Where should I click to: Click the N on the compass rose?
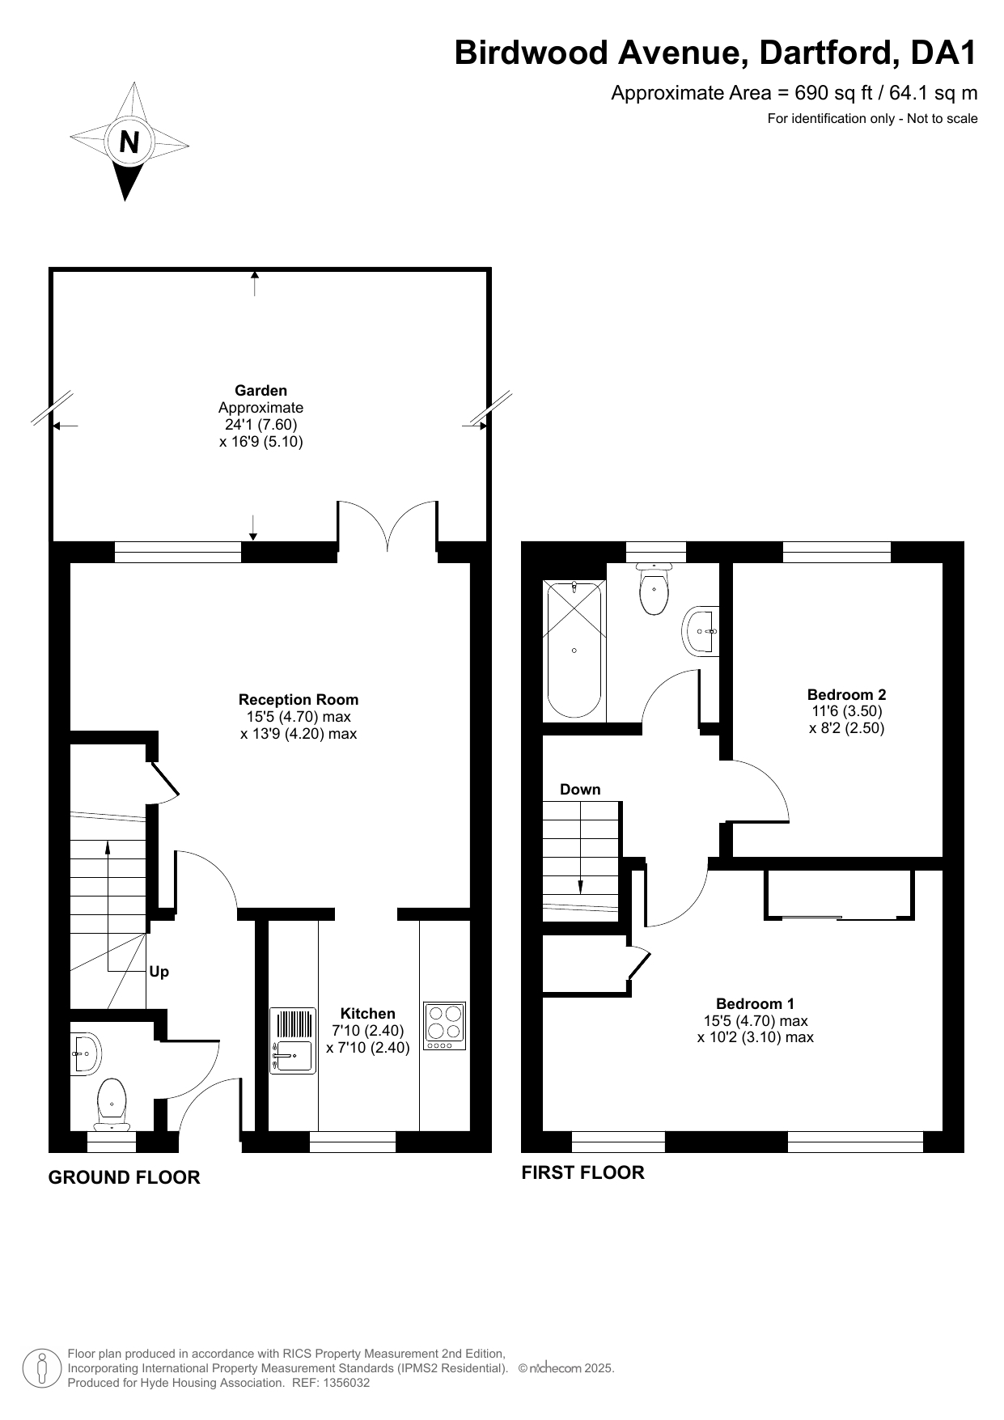pos(129,142)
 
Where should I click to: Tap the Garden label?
pos(261,391)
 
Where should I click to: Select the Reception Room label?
pos(299,700)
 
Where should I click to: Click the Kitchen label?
pos(368,1014)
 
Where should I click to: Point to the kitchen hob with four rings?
pos(444,1027)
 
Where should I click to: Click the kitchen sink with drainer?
pos(293,1041)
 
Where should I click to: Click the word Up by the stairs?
pos(159,972)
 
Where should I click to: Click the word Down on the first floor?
pos(581,790)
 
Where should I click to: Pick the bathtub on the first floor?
pos(574,649)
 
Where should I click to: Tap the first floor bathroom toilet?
pos(654,589)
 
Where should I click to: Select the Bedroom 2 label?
pos(846,694)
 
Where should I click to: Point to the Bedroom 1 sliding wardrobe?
pos(839,895)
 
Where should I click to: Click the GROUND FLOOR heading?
pos(125,1177)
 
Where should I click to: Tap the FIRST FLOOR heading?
pos(582,1172)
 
